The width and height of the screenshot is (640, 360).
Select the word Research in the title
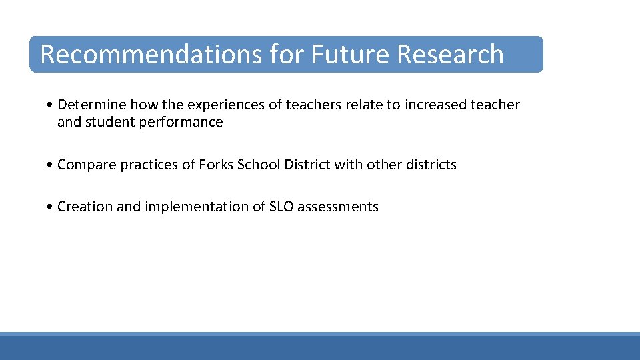click(x=450, y=55)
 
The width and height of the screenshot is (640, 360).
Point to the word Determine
click(x=92, y=105)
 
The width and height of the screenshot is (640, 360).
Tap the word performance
click(x=181, y=122)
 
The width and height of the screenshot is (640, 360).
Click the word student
click(x=111, y=122)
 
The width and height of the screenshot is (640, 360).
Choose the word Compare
click(x=87, y=165)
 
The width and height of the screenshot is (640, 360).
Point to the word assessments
click(x=338, y=207)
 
